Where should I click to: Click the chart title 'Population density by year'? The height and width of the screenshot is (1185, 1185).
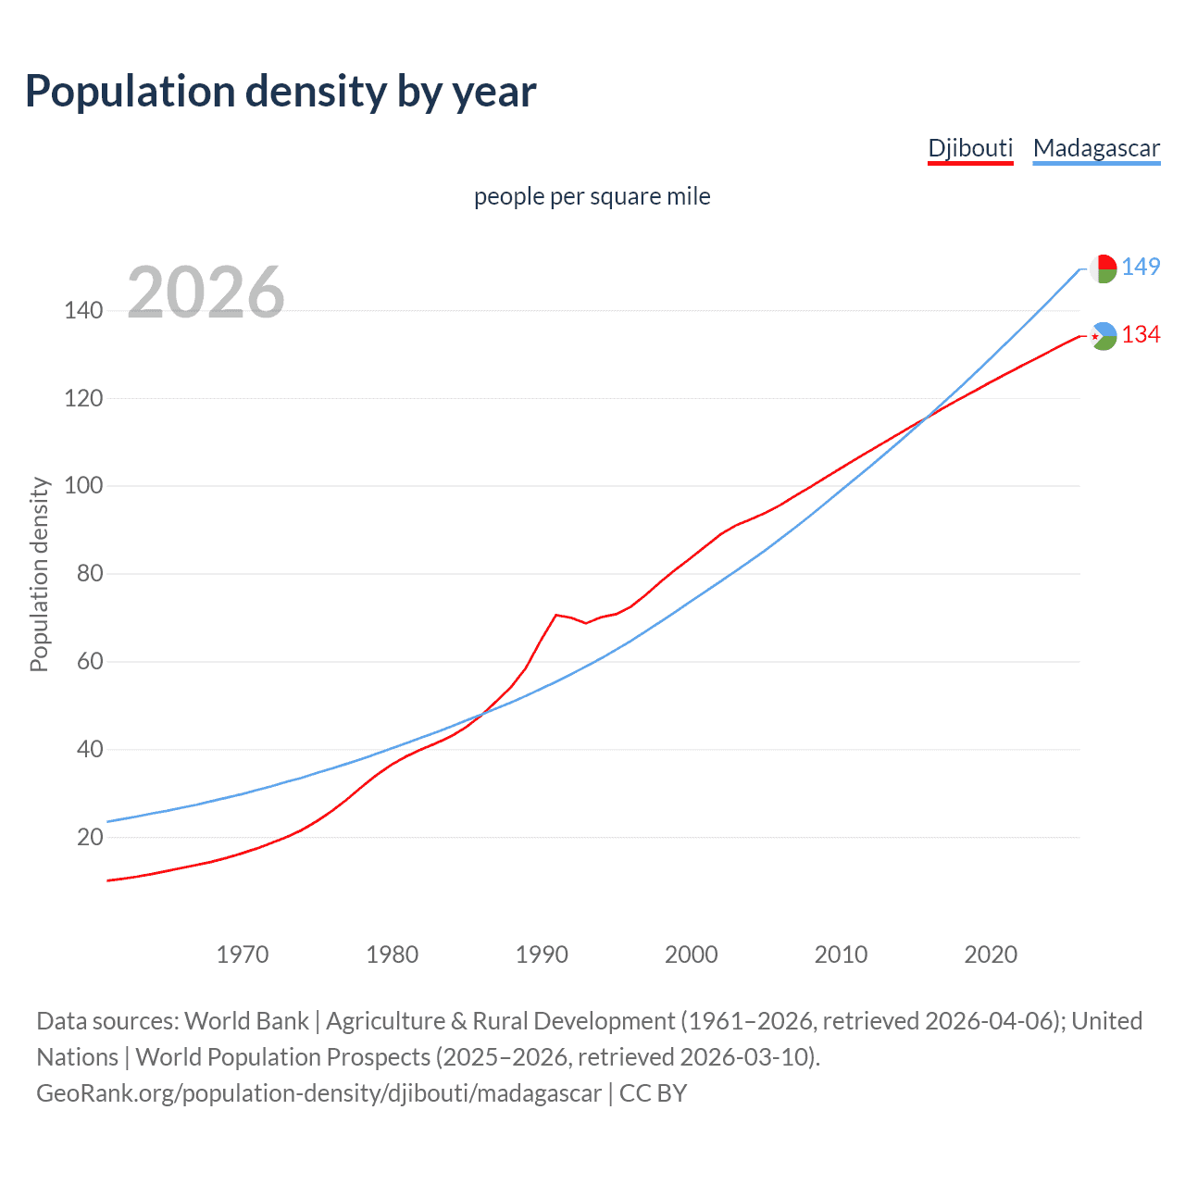281,92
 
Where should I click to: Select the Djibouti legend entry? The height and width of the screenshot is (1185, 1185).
970,148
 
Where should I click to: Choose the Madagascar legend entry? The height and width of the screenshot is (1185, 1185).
1096,148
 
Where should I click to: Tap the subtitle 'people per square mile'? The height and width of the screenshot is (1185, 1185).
592,196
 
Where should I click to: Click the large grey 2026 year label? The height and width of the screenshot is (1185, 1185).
206,292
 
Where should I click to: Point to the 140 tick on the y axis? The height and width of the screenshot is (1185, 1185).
83,310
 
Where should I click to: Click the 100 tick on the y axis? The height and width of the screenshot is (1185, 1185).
83,486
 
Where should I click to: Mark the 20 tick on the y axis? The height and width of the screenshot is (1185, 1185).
90,837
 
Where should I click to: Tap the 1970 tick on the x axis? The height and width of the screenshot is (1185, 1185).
243,954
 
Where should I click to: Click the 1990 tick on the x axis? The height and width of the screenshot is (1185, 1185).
542,954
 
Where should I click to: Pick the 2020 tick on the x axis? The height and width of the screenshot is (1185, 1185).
991,954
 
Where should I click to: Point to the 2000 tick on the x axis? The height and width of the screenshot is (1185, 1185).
692,954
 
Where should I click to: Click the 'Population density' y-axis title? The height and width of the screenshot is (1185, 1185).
39,574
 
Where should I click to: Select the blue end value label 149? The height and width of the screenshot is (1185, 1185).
1141,267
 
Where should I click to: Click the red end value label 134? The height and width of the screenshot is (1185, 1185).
1141,334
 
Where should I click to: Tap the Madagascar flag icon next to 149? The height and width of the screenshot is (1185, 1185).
1103,268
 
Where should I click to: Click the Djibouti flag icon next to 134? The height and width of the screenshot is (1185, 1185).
1103,336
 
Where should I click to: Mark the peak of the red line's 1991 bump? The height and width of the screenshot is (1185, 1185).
556,615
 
